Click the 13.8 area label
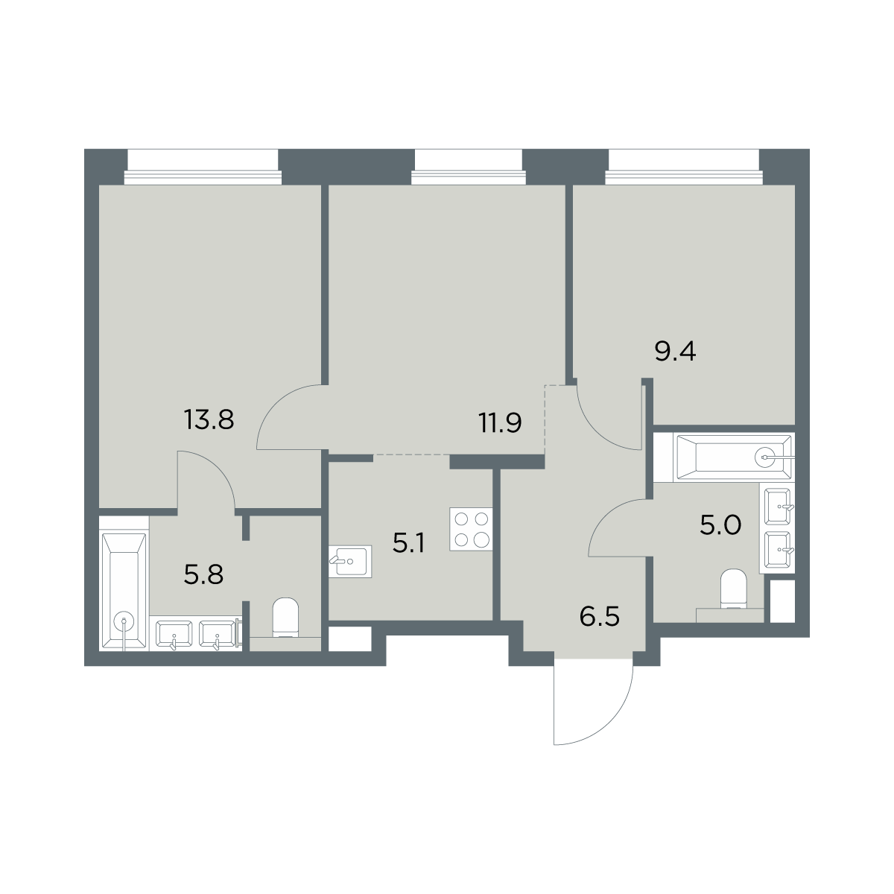209,420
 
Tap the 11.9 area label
501,423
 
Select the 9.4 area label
675,352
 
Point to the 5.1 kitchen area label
408,543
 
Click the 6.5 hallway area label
600,617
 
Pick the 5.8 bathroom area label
203,575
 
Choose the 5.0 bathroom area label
720,527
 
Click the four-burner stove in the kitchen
471,530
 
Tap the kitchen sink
350,562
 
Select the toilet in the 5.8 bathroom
285,618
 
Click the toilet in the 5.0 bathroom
734,589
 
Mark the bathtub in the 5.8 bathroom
124,592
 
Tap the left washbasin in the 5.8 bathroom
174,634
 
